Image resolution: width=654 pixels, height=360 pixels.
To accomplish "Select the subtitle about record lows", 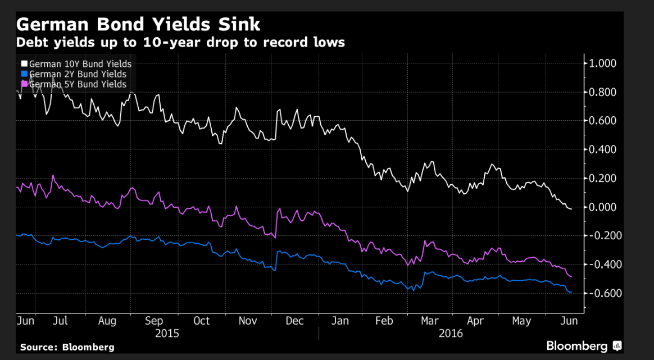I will [x=180, y=43].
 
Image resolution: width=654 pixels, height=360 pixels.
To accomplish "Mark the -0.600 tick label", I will [x=603, y=293].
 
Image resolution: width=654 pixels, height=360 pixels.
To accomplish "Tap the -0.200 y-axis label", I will [x=603, y=235].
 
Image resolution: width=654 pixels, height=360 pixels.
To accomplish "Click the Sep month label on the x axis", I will [x=154, y=321].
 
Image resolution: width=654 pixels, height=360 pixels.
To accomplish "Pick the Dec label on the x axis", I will [x=294, y=321].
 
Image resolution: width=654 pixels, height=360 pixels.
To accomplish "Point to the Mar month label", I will [x=430, y=321].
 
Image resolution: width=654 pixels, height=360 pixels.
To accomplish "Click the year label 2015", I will [x=166, y=333].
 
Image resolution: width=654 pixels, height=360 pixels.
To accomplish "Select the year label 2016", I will [x=450, y=333].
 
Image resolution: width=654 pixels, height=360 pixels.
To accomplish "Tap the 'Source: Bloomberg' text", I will [x=67, y=347].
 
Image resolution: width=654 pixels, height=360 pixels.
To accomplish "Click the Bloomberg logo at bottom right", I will [x=584, y=346].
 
